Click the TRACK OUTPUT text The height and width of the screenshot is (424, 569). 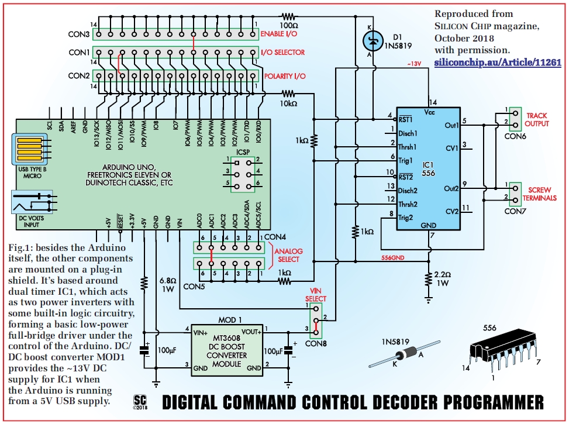point(537,119)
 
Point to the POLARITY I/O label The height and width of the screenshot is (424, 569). point(284,76)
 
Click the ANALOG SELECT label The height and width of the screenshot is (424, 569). point(287,255)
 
